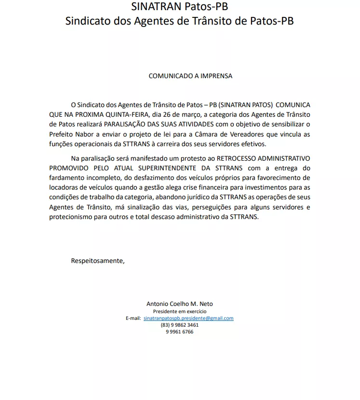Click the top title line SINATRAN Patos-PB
(179, 7)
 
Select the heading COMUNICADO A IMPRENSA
(190, 76)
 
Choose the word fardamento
(66, 177)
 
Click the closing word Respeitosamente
(97, 261)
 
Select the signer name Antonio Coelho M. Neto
(179, 304)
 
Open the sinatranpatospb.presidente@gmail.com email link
(188, 318)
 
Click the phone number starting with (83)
(179, 325)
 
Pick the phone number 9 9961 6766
(179, 332)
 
